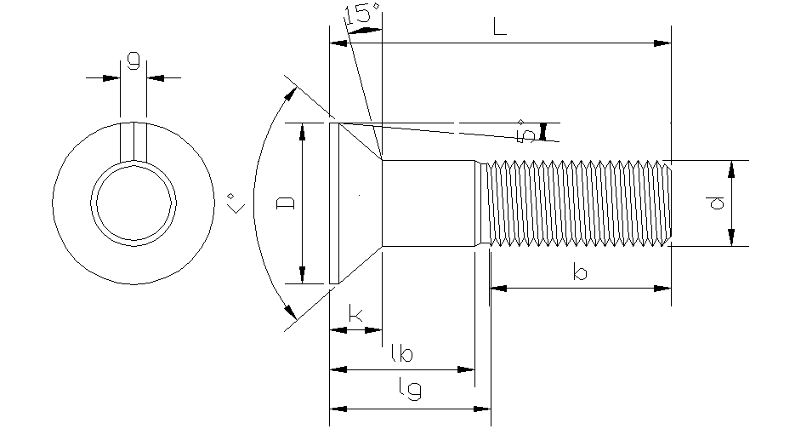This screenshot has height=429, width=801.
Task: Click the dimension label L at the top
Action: click(500, 27)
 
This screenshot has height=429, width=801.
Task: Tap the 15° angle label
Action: click(361, 14)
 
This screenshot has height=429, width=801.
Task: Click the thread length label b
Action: click(580, 273)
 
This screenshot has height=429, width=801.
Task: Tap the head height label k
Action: click(356, 316)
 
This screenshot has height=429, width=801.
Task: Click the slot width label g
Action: click(133, 60)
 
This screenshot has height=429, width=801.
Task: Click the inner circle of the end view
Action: click(135, 204)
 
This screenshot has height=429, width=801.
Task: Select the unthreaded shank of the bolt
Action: click(428, 203)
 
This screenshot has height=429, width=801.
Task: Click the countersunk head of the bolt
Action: click(357, 203)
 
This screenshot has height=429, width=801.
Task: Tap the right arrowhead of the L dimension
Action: click(663, 43)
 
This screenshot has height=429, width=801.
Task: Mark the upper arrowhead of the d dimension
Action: click(732, 168)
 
